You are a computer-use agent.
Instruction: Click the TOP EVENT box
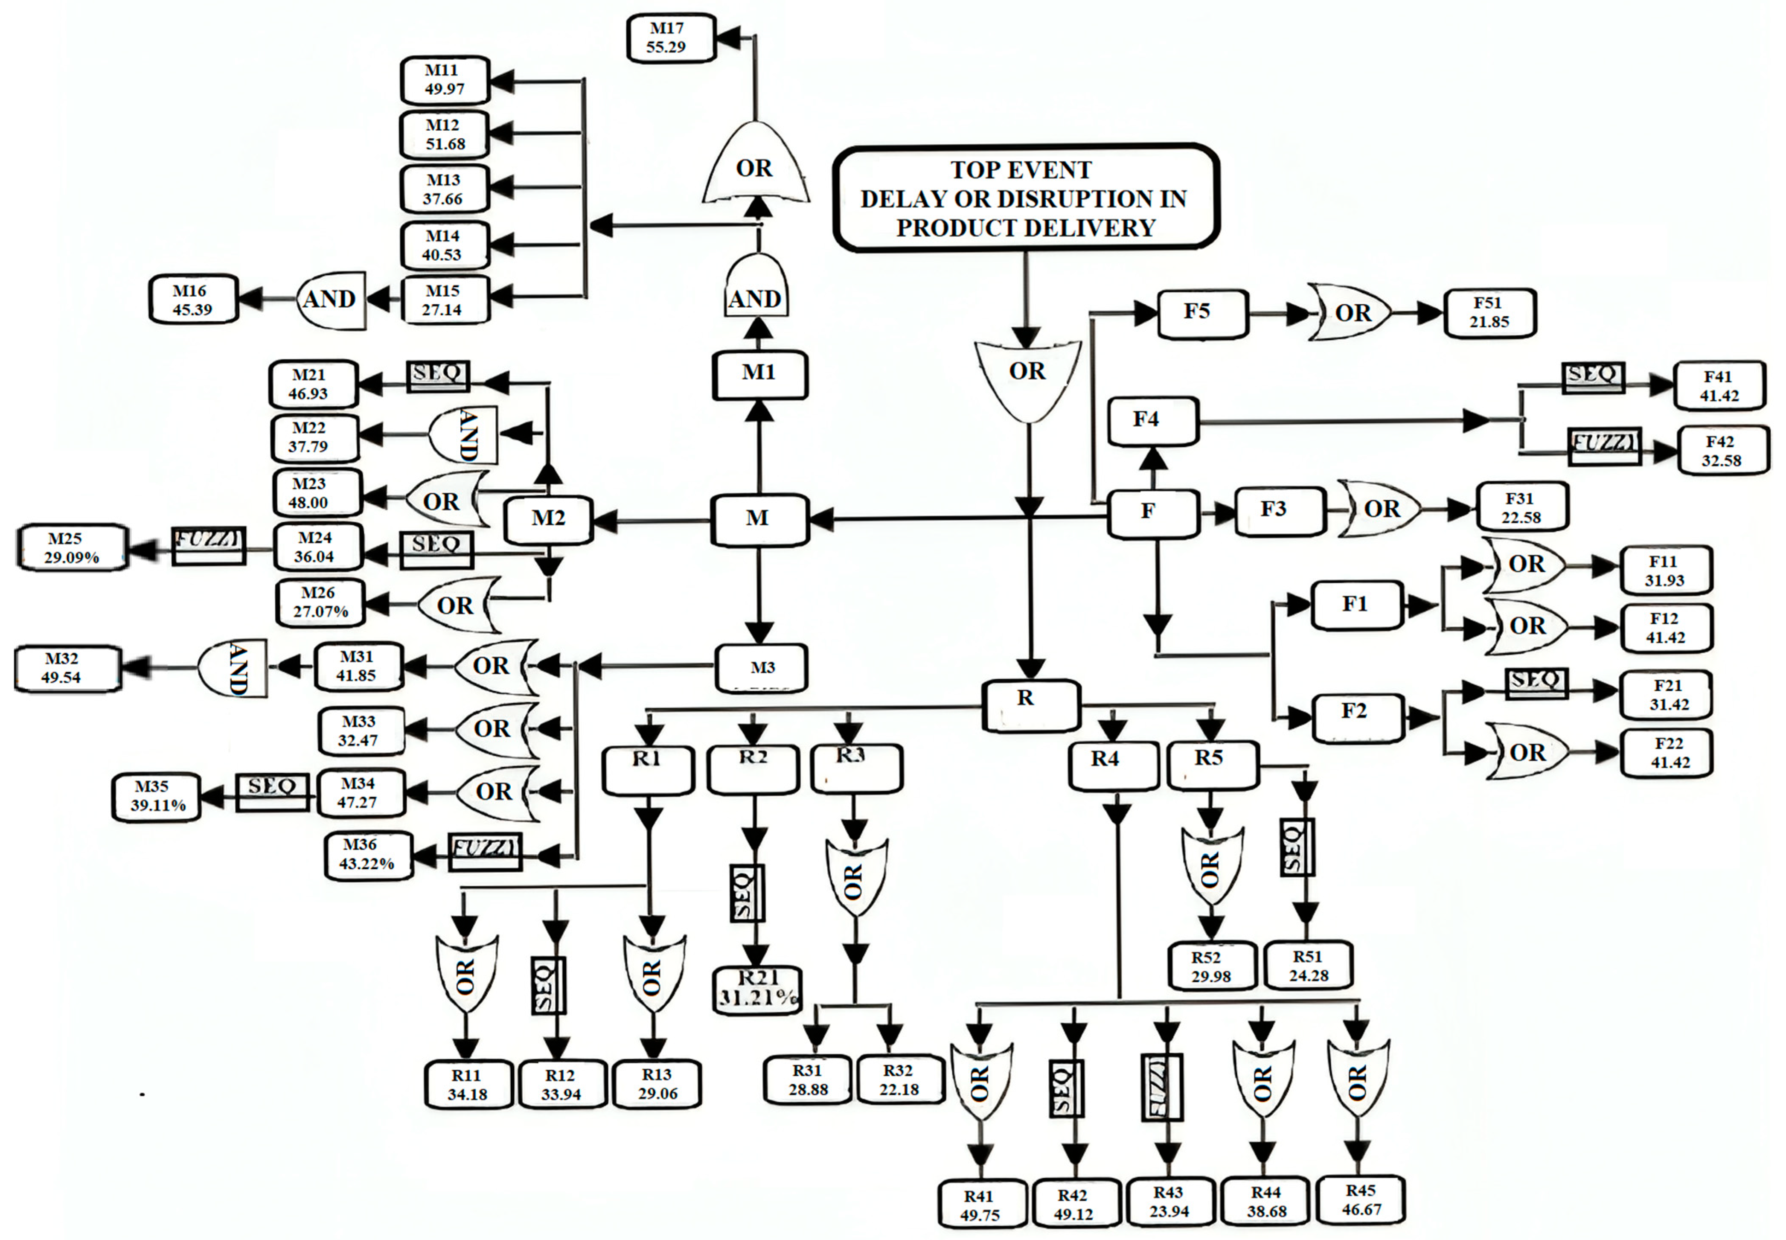click(x=1025, y=198)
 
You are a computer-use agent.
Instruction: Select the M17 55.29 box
click(x=670, y=37)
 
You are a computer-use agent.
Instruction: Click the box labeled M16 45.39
click(x=193, y=299)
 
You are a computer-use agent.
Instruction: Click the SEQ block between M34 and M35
click(x=272, y=792)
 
